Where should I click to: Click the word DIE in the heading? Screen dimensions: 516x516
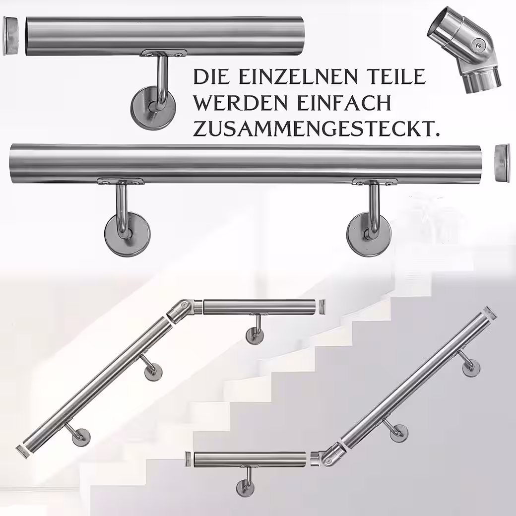[x=209, y=77]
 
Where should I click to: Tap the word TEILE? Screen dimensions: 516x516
[x=395, y=77]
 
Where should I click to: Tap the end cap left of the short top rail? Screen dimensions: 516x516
[x=11, y=36]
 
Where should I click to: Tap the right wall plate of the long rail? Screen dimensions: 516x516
[x=369, y=234]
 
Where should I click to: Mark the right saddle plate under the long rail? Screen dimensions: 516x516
[x=374, y=182]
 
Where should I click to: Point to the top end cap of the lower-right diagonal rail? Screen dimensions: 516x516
[x=491, y=312]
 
